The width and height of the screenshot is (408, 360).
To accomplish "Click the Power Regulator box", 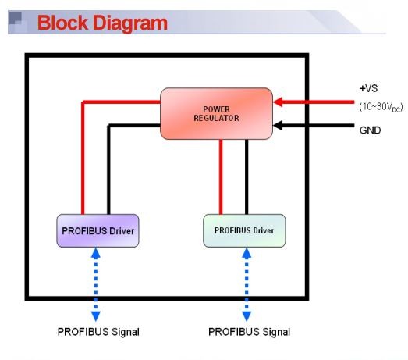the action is click(x=216, y=113).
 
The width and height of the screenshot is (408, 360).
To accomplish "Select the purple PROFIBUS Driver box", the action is click(x=98, y=231).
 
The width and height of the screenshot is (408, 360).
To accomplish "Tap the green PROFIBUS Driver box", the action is click(x=244, y=231).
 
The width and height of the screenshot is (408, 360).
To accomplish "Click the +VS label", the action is click(x=368, y=88).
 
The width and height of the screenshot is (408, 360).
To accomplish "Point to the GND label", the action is click(x=370, y=130).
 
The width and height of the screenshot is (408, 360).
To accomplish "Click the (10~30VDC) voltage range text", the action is click(x=381, y=107).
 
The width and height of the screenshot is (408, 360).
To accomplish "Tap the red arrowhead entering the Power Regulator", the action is click(x=279, y=102).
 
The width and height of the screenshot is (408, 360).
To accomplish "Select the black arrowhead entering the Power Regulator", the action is click(x=279, y=126).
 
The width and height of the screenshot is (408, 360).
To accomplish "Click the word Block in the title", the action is click(x=62, y=23).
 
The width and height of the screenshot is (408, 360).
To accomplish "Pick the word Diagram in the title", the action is click(x=130, y=23).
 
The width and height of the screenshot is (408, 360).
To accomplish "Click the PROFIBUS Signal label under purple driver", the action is click(x=98, y=332).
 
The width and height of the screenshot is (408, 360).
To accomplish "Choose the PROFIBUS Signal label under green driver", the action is click(x=250, y=332).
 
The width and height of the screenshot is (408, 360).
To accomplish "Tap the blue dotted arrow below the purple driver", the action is click(x=96, y=284).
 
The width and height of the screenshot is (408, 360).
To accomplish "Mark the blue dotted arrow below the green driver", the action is click(x=247, y=284).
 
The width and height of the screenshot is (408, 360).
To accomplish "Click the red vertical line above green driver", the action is click(x=221, y=176).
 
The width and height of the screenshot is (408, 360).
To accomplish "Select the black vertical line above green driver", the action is click(x=247, y=176).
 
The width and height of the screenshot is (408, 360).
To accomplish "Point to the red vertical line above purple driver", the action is click(x=83, y=158).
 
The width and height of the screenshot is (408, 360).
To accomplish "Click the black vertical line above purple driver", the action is click(x=108, y=169).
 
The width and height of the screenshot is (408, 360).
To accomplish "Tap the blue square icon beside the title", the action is click(x=17, y=22).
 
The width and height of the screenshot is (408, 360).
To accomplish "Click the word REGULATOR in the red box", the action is click(x=216, y=118).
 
